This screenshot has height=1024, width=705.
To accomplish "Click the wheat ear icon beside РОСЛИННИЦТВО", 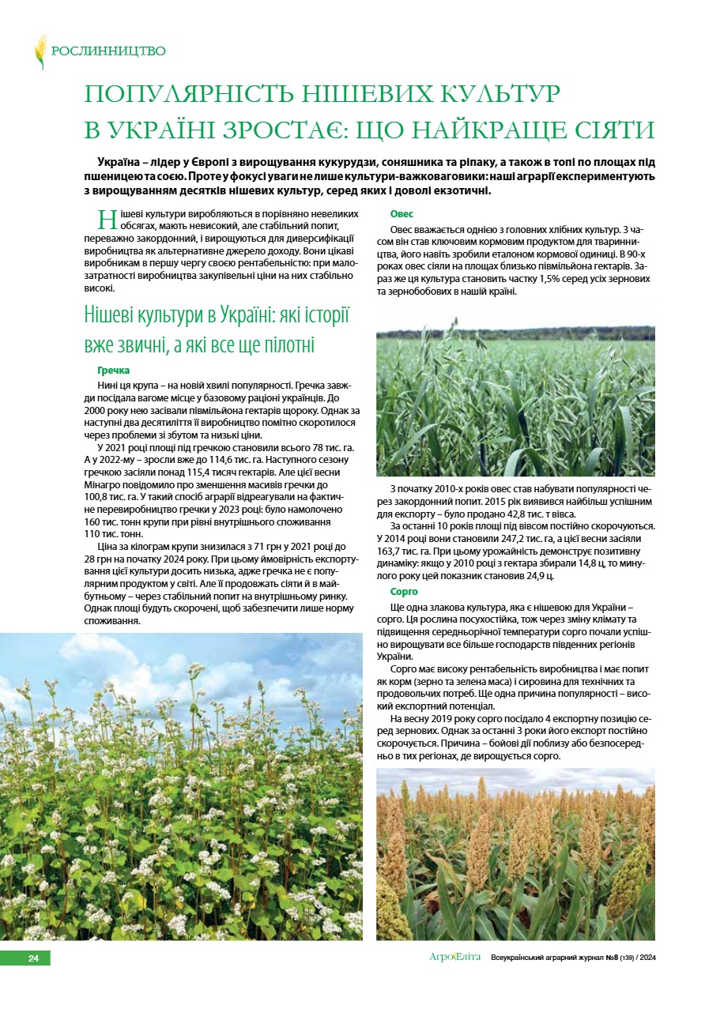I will [40, 51].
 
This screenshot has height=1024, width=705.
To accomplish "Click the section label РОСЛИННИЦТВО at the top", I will [108, 51].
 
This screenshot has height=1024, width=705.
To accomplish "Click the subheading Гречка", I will [114, 371].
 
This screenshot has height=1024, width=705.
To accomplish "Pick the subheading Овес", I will [402, 214].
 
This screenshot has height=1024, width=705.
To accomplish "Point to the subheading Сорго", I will [405, 592].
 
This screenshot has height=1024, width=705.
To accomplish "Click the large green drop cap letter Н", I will [107, 220].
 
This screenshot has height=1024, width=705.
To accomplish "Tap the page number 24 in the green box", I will [33, 958].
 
